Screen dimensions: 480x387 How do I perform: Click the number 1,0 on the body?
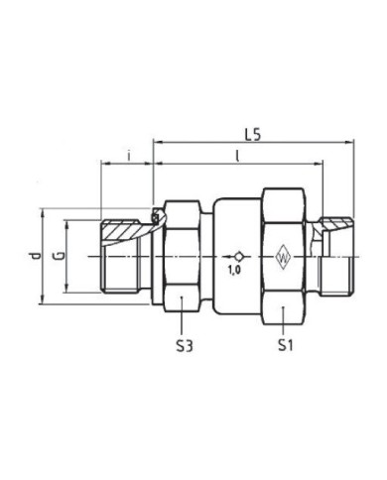coord(235,269)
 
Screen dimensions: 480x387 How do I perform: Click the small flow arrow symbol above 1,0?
coord(234,254)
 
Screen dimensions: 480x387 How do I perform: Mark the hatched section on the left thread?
coord(127,232)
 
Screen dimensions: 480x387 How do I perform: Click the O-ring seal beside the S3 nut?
coord(155,219)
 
